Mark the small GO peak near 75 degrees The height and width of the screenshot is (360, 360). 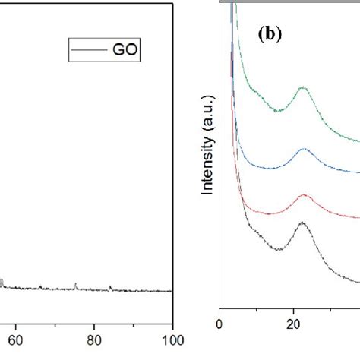(x=76, y=284)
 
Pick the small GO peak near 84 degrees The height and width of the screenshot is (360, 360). (x=110, y=286)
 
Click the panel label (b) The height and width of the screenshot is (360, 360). (x=271, y=35)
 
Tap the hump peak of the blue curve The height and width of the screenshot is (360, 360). (x=305, y=150)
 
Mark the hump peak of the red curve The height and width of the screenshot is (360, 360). (x=305, y=196)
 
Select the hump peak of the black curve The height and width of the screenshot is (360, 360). (x=303, y=223)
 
